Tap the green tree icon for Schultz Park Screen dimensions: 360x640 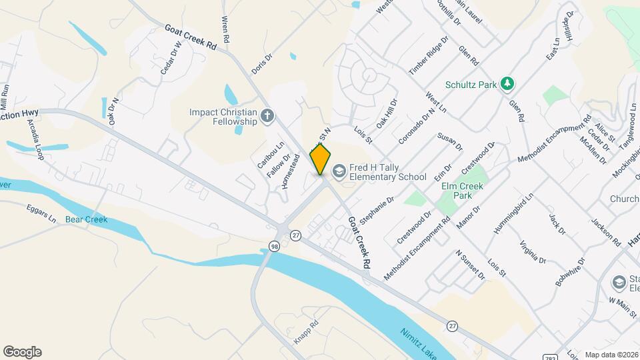coord(508,83)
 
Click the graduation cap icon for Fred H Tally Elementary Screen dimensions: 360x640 coord(339,171)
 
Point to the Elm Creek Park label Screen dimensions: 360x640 coord(461,191)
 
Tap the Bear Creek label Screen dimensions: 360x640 coord(86,219)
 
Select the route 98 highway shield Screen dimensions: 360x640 coord(274,247)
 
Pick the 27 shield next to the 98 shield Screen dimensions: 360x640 coord(296,235)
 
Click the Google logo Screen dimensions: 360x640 coord(22,351)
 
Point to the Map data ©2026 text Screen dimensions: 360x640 coord(611,355)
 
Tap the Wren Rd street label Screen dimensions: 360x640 coord(225,31)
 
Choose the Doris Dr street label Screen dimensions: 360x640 coord(263,64)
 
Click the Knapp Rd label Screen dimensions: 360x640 coord(307,332)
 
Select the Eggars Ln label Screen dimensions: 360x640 coord(43,213)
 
